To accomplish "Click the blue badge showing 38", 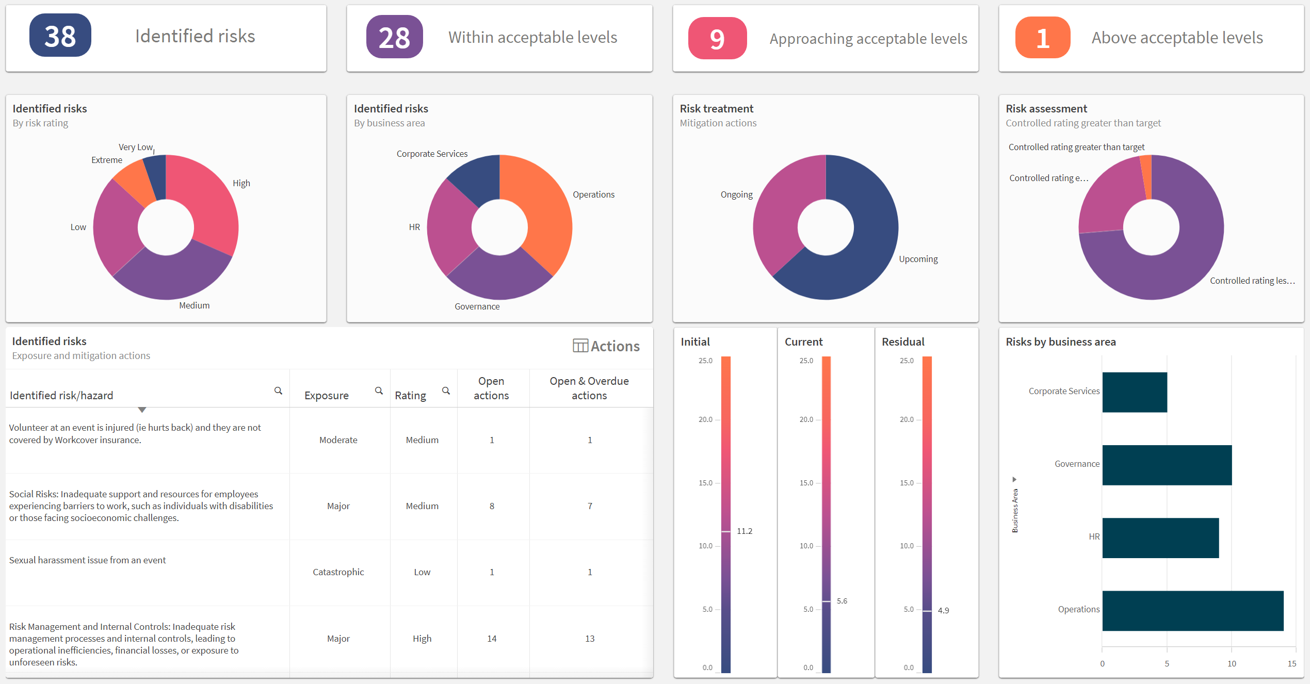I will coord(60,36).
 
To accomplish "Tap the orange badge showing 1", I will coord(1042,38).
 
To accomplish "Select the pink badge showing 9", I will coord(717,39).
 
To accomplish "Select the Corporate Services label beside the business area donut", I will coord(432,154).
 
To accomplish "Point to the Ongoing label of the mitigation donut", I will coord(736,194).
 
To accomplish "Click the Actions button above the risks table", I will coord(606,346).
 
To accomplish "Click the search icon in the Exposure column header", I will coord(379,391).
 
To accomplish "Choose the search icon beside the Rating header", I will coord(446,391).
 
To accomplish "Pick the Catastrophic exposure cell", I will coord(338,572).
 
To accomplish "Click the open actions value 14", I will coord(492,639).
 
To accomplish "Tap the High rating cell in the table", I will coord(422,639).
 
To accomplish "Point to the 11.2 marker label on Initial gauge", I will coord(745,531).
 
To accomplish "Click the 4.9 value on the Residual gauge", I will coord(943,611).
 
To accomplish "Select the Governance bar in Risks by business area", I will coord(1167,465).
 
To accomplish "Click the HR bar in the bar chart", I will coord(1160,538).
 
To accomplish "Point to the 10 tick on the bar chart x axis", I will coord(1232,664).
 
